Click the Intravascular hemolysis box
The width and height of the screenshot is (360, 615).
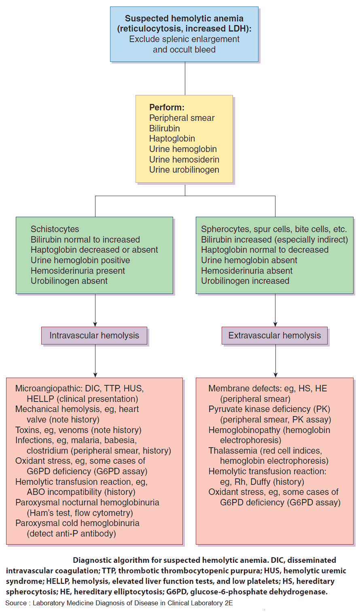(x=94, y=336)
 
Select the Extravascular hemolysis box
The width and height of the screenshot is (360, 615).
(x=275, y=336)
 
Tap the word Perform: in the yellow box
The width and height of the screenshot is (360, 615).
(x=167, y=108)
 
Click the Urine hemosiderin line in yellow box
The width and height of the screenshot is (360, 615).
(x=184, y=159)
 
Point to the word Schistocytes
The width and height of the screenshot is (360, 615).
(x=55, y=229)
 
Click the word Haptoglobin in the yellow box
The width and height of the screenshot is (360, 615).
(x=172, y=139)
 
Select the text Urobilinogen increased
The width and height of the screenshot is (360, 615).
(x=245, y=281)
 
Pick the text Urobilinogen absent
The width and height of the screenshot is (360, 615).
(x=69, y=281)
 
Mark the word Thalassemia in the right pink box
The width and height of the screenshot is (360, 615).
(x=233, y=451)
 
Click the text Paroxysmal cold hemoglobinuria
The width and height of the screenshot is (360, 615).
(x=77, y=523)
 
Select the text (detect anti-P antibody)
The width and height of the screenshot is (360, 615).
(x=72, y=534)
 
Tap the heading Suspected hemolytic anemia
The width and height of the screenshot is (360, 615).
(x=184, y=19)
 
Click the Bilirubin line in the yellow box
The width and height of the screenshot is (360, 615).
(x=165, y=128)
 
